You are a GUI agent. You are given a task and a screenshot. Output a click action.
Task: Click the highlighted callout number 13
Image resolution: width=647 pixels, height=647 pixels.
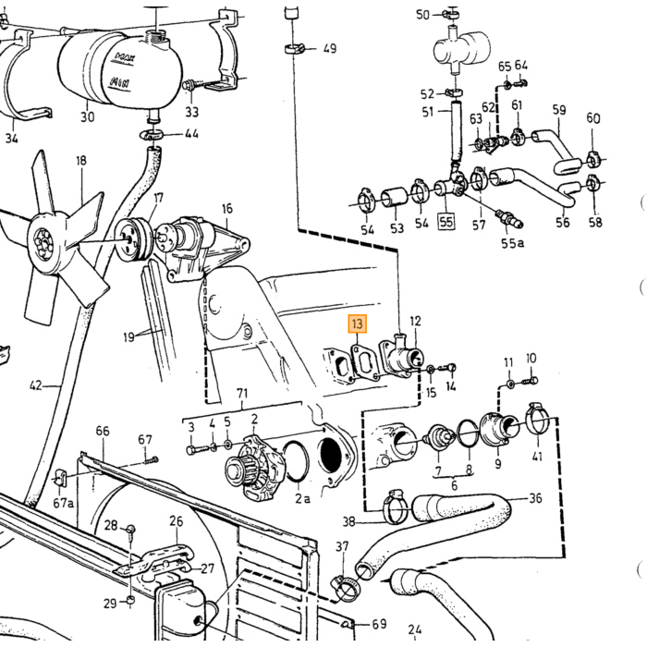click(358, 323)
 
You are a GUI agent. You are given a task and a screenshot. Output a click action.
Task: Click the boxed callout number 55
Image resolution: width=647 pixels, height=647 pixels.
click(446, 222)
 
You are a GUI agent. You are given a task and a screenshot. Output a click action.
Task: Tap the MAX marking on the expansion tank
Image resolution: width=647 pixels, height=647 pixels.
click(125, 56)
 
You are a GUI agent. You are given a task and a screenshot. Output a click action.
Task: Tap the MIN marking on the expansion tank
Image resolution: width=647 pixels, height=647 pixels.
click(119, 82)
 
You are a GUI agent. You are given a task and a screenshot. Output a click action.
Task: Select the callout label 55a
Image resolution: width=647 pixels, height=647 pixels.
click(512, 243)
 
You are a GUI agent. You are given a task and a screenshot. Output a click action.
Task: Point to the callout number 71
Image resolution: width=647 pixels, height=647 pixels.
click(242, 393)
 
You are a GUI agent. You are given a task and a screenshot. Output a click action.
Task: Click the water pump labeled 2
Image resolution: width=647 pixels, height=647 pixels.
click(253, 466)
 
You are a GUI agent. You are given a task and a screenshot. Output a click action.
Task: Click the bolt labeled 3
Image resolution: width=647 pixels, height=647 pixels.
click(198, 449)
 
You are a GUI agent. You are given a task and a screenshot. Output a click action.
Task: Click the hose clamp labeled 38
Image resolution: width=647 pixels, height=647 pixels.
click(397, 507)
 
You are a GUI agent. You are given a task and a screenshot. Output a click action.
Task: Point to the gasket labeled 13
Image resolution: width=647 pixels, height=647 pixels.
click(364, 362)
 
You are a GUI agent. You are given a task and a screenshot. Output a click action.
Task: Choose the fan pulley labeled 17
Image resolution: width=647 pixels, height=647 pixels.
click(132, 239)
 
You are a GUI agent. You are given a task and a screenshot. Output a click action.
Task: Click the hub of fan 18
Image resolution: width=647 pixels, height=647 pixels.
click(42, 246)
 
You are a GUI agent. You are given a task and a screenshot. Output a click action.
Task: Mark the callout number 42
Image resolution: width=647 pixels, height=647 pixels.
click(36, 385)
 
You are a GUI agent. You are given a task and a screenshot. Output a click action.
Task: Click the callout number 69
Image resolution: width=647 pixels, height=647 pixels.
click(379, 624)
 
